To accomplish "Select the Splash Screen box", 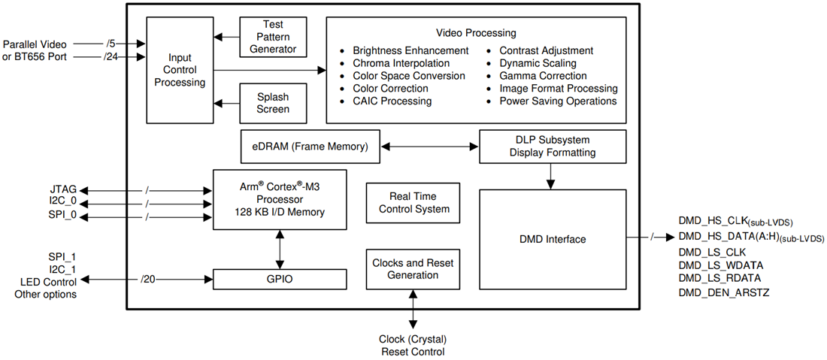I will click(273, 103).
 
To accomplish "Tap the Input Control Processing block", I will click(180, 70).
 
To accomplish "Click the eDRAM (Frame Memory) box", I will click(310, 147).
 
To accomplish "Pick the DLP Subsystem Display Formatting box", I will click(552, 147).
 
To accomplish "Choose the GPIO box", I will click(280, 279).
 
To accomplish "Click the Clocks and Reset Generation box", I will click(413, 269).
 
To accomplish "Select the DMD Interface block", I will click(552, 239).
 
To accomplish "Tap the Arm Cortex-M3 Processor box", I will click(280, 200).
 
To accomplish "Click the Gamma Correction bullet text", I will click(543, 76).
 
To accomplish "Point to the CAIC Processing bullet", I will click(392, 101).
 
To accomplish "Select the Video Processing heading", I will click(476, 33).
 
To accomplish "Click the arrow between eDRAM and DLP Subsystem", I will click(430, 147).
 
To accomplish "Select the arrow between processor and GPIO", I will click(280, 250).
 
